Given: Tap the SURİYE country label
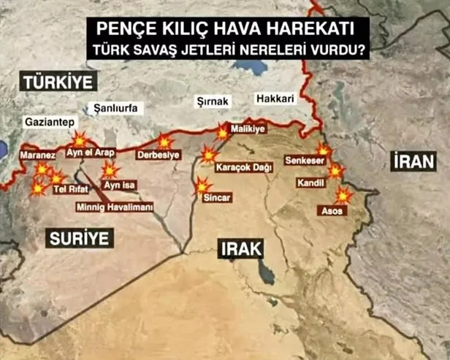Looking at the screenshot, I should click(x=80, y=237).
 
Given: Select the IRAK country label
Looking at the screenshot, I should click(x=241, y=248).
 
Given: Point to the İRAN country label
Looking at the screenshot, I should click(x=413, y=161).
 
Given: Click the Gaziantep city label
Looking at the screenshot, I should click(x=48, y=120).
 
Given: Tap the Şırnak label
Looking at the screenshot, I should click(x=213, y=101).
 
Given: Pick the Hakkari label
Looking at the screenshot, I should click(x=275, y=99).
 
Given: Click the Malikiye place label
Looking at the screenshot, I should click(x=246, y=127).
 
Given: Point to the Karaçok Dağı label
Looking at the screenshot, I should click(x=244, y=168).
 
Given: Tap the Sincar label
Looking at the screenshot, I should click(x=218, y=198).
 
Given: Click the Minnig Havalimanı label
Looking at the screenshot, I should click(x=115, y=207).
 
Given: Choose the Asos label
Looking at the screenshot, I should click(x=332, y=210).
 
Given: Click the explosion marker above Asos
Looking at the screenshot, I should click(x=342, y=195).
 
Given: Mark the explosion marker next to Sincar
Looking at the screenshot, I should click(x=202, y=186).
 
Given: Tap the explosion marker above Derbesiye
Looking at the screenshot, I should click(x=166, y=141).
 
